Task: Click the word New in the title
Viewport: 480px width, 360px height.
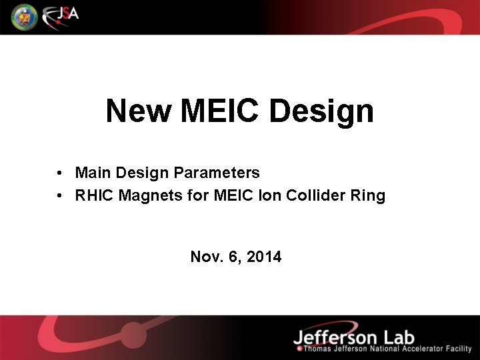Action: (138, 111)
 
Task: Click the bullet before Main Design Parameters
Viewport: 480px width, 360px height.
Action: (60, 173)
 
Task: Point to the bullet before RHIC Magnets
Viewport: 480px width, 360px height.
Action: (60, 197)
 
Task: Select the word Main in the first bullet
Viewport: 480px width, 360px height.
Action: (93, 173)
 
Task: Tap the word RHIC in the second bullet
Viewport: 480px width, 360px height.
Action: (95, 197)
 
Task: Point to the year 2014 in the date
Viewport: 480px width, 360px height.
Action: (265, 257)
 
